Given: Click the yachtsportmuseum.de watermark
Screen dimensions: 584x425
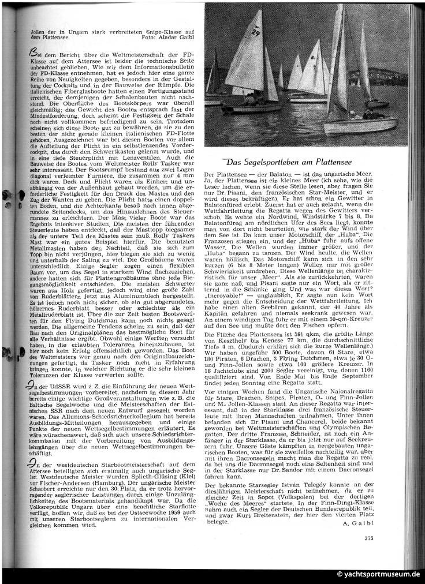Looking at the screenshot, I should (x=379, y=574).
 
